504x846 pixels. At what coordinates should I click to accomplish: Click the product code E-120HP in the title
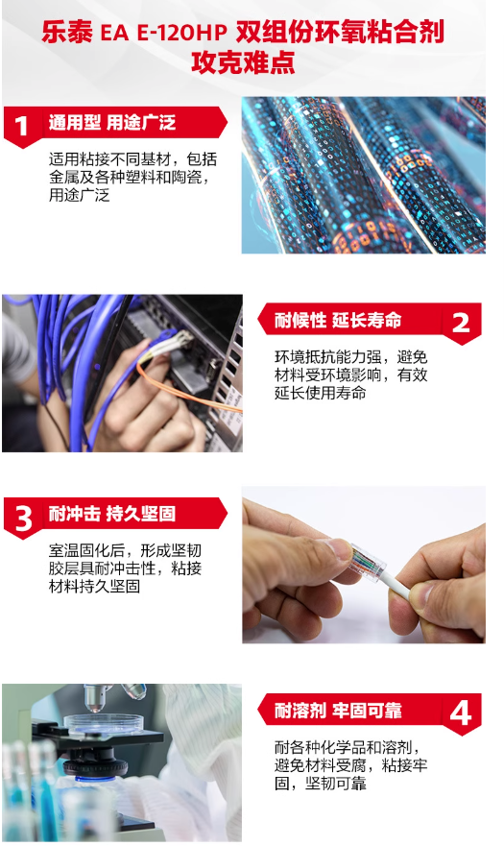point(182,33)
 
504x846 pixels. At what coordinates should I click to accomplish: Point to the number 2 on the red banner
point(461,324)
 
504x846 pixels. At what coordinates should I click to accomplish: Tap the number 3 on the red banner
point(23,519)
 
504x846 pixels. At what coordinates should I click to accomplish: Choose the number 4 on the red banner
point(460,713)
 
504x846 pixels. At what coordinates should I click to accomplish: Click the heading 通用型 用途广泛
point(112,123)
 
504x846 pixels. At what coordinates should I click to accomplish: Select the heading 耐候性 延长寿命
point(338,320)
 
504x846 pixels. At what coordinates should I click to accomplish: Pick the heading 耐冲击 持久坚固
point(112,514)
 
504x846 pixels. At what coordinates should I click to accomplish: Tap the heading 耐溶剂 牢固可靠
point(338,710)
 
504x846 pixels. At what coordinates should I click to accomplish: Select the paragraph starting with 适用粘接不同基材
point(132,177)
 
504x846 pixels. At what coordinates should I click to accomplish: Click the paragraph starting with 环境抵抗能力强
point(350,375)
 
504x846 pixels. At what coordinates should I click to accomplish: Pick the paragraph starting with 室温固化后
point(125,568)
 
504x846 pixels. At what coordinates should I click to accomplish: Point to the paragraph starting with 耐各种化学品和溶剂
point(350,765)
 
